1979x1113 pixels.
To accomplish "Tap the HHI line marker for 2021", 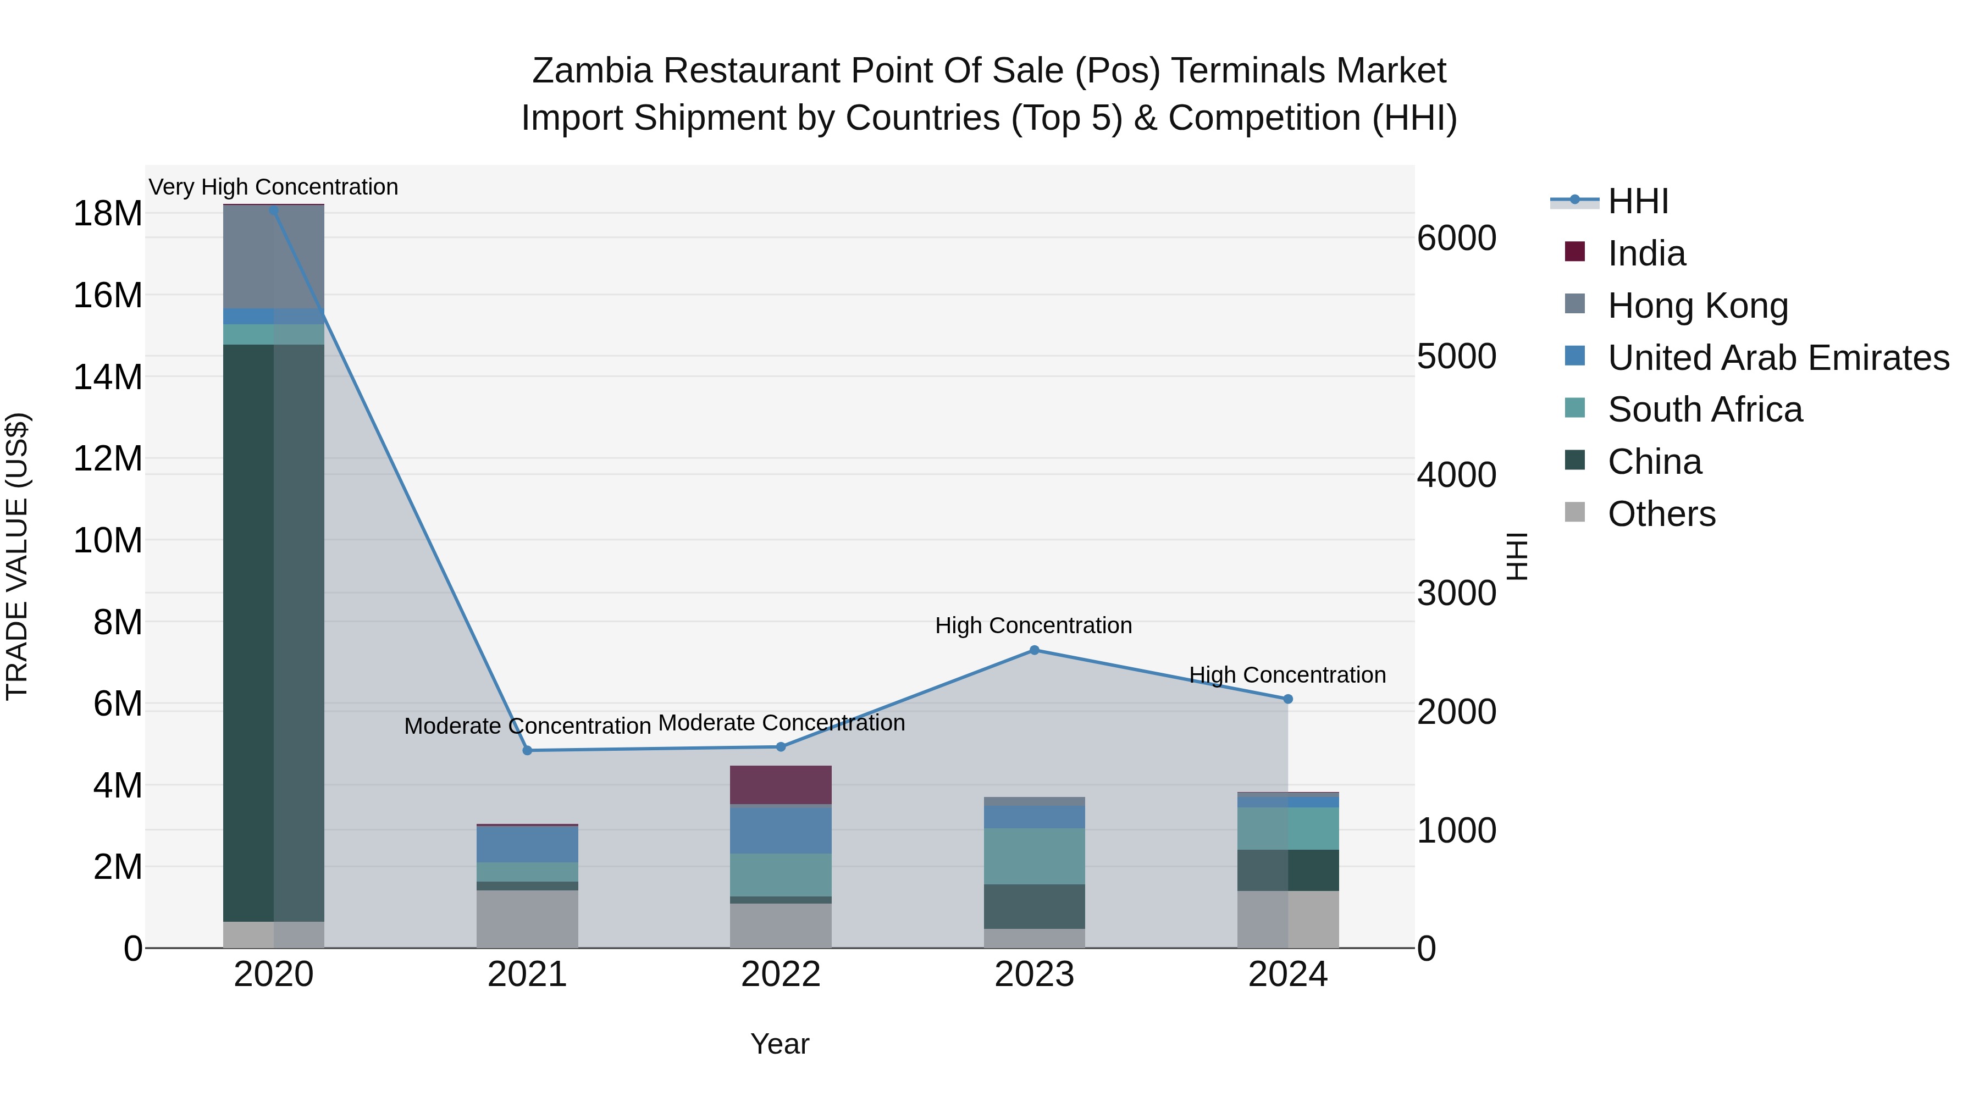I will click(527, 750).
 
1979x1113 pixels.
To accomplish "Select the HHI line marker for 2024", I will click(1287, 699).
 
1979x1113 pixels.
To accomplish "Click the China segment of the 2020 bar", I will click(274, 630).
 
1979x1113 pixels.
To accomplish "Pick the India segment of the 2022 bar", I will click(781, 785).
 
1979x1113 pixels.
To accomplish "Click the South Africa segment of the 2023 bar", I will click(1034, 856).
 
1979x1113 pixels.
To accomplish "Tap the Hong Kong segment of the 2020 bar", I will click(274, 257).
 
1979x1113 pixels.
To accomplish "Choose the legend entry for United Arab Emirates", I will click(1778, 358).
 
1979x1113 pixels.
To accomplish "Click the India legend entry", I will click(1646, 253).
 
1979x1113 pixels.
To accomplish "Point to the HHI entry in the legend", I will click(1637, 201).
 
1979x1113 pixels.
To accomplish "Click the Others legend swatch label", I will click(1661, 514).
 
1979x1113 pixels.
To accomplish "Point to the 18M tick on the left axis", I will click(108, 214).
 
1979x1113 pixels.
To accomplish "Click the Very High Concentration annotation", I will click(274, 187).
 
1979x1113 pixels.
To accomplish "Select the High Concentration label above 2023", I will click(1033, 626).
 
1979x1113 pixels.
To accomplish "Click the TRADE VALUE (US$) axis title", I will click(17, 556).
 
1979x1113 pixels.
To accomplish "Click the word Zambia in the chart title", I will click(592, 71).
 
